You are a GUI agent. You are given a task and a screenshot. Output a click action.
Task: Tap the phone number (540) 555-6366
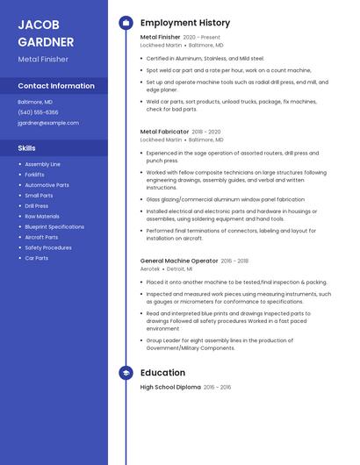[38, 112]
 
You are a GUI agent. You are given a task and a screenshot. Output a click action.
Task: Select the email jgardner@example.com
[47, 123]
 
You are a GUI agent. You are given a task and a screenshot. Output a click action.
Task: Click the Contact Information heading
[56, 86]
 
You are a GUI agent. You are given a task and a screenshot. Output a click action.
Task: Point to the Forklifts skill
[35, 175]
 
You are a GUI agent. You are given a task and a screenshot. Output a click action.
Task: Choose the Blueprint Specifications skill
[54, 226]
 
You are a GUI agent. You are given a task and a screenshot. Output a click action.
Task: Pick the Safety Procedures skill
[48, 247]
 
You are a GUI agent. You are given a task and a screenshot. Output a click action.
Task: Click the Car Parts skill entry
[37, 258]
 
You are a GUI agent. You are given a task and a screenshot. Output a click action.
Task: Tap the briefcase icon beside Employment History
[126, 23]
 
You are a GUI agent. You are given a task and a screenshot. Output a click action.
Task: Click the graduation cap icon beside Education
[126, 373]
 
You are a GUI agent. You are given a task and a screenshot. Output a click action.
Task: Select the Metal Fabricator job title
[164, 131]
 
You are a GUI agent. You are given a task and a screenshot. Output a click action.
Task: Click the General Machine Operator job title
[179, 261]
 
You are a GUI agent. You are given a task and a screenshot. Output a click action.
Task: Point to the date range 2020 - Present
[202, 38]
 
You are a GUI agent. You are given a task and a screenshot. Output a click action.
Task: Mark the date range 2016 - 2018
[234, 261]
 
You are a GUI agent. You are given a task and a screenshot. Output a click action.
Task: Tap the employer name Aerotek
[149, 269]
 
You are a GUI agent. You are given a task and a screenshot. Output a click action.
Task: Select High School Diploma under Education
[170, 387]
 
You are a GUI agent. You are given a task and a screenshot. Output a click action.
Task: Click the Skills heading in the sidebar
[26, 148]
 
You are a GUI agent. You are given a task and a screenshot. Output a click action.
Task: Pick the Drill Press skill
[37, 205]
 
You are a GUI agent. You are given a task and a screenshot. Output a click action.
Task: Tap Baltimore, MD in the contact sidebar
[35, 102]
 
